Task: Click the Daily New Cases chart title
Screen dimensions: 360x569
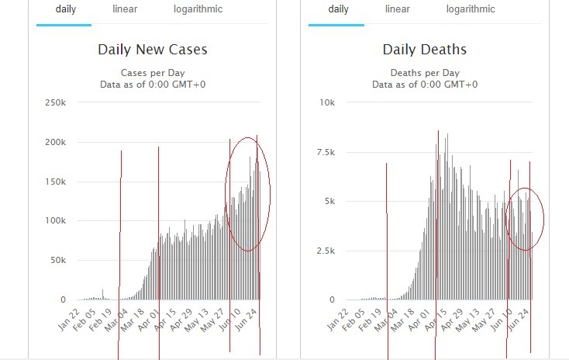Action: [152, 50]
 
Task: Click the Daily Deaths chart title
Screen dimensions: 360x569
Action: [424, 50]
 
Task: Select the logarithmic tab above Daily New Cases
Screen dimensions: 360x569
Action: [198, 9]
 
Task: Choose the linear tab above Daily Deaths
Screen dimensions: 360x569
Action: [398, 9]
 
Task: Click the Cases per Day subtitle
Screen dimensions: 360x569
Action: [152, 72]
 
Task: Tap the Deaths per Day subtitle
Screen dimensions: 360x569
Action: [424, 72]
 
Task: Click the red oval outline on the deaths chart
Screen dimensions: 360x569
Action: [506, 220]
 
